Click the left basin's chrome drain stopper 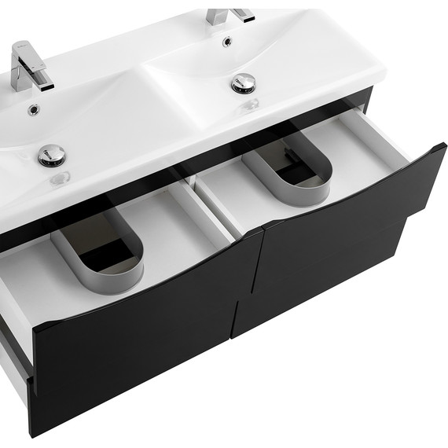(52, 154)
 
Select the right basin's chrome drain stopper (244, 82)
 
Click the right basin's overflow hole (228, 41)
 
